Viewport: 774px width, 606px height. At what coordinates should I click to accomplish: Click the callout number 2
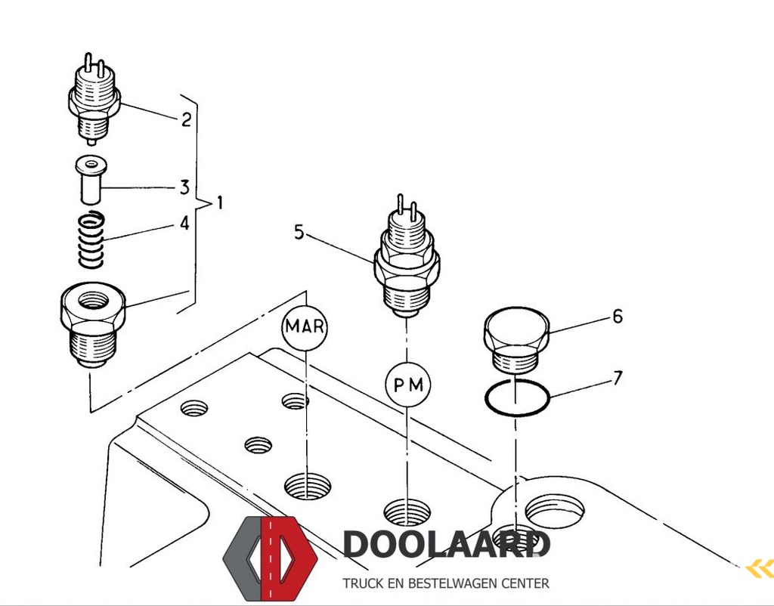pos(186,119)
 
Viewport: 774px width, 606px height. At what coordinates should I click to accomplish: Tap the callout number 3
pos(184,187)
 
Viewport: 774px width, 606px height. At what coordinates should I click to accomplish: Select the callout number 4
pos(184,223)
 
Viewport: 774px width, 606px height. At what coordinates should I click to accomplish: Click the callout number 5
pos(299,231)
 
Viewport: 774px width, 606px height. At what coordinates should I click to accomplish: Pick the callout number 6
pos(618,317)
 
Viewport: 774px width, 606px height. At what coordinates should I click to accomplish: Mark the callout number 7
pos(618,378)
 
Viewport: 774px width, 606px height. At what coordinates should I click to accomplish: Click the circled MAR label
pos(305,326)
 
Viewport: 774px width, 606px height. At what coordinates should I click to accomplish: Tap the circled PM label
pos(407,385)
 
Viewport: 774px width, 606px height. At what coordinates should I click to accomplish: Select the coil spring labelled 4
pos(91,240)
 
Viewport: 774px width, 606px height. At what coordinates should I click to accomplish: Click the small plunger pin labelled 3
pos(91,180)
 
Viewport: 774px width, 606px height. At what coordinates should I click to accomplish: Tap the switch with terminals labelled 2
pos(93,100)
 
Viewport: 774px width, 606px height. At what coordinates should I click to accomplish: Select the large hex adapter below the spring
pos(93,325)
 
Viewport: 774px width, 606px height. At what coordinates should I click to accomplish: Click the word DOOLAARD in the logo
pos(446,544)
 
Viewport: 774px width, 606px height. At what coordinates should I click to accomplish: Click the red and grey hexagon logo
pos(271,558)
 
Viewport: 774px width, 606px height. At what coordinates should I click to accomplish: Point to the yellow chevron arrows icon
pos(760,569)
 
